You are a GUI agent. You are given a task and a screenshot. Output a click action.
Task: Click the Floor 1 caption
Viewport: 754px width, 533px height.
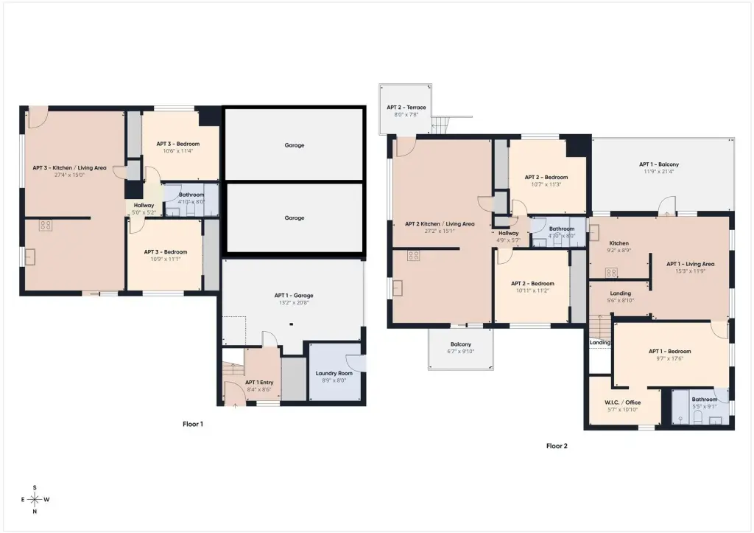(x=193, y=424)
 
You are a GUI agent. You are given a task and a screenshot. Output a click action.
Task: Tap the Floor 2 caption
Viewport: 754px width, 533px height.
(x=557, y=446)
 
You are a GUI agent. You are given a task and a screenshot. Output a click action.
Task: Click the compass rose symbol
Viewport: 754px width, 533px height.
(x=35, y=500)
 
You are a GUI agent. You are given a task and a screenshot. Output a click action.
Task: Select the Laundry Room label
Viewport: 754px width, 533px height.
(x=334, y=373)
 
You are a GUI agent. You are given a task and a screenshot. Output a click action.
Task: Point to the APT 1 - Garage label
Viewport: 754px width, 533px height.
(x=294, y=296)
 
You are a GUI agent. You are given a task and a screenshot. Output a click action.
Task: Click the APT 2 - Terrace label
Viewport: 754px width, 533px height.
(x=406, y=108)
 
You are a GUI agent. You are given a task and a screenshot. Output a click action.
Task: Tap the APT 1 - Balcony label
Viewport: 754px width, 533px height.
(x=659, y=164)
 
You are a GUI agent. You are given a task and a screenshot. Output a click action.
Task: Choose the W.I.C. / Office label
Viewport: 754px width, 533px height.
(x=623, y=403)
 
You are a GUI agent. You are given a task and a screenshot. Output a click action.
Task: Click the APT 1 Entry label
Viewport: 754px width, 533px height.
(x=259, y=383)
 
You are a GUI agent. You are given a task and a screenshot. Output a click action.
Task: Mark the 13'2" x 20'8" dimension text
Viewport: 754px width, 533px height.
(x=294, y=303)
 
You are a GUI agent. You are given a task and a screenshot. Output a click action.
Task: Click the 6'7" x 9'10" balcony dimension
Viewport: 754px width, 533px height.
(x=461, y=352)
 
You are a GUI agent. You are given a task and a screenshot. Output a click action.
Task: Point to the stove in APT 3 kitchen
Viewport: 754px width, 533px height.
(x=46, y=226)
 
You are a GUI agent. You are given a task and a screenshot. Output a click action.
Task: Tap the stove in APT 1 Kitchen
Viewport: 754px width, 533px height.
(x=611, y=273)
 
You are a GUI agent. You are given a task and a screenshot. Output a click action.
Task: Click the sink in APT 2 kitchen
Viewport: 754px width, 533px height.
(x=398, y=288)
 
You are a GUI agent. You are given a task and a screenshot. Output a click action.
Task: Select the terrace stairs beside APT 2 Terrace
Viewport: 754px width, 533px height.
(x=440, y=125)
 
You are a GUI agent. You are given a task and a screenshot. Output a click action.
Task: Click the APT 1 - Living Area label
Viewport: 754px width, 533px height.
(x=690, y=264)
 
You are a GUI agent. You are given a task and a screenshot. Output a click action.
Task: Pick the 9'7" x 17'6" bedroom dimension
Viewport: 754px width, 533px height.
(x=670, y=359)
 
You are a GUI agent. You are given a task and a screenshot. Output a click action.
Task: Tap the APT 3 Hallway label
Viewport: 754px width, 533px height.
(x=144, y=205)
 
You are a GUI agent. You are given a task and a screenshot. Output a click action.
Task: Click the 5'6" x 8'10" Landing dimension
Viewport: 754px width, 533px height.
(x=620, y=301)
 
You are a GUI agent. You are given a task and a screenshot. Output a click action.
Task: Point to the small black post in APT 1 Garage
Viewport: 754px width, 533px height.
(x=292, y=324)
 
